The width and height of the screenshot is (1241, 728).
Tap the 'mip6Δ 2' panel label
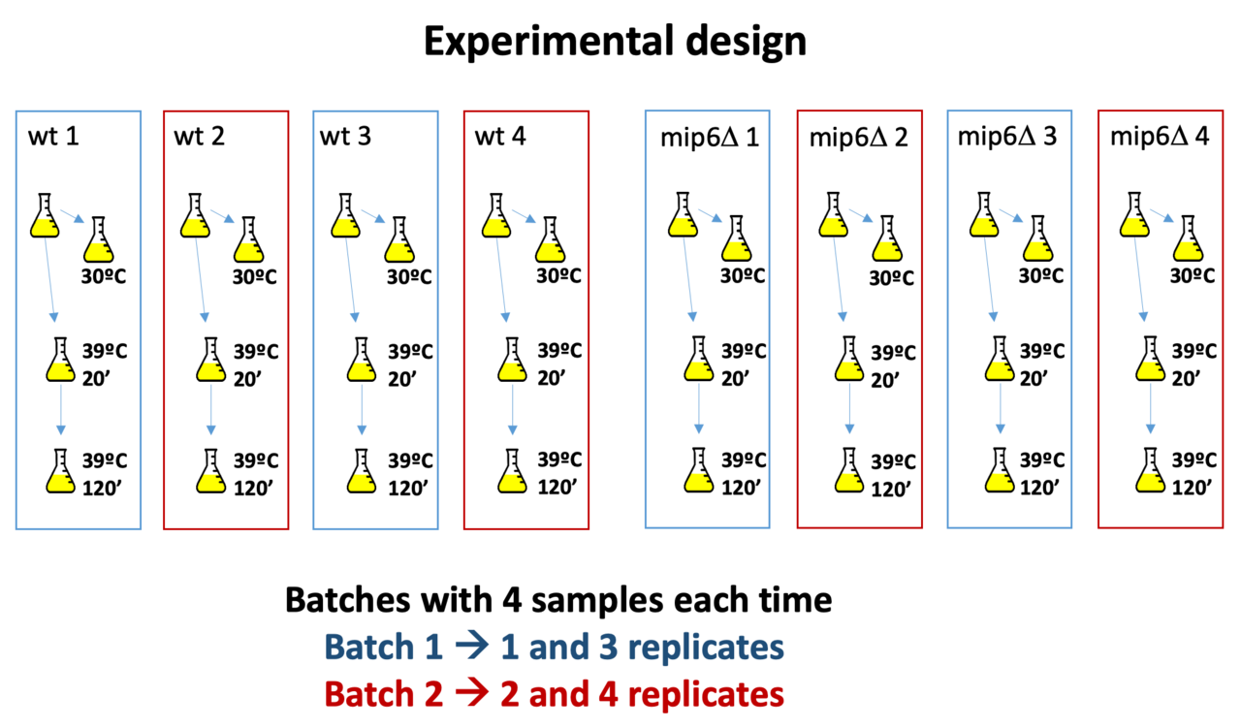tap(859, 137)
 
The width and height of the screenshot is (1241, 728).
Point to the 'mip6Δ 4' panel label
tap(1159, 137)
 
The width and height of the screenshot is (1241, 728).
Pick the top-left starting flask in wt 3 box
tap(339, 216)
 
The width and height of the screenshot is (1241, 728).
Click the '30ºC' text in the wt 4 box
tap(563, 276)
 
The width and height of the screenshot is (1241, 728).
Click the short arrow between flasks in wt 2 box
tap(222, 218)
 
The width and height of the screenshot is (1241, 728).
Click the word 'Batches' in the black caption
tap(345, 601)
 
